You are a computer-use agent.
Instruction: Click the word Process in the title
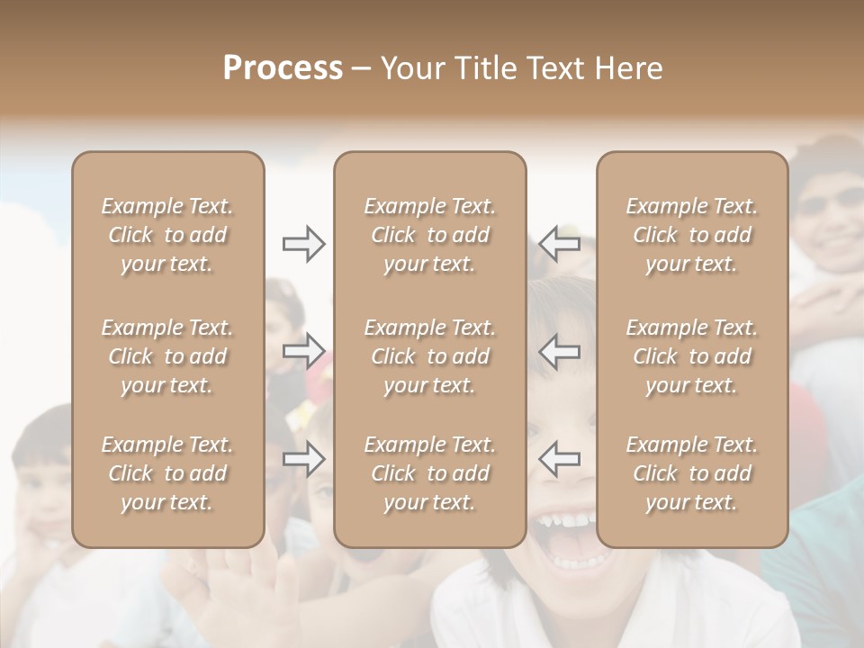pos(283,68)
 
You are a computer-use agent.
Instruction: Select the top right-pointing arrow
pos(304,244)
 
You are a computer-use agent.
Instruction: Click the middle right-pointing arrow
pos(304,350)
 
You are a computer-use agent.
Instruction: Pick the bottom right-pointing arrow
pos(304,459)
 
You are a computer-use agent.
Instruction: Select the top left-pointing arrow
pos(560,244)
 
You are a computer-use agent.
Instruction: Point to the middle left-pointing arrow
pos(560,350)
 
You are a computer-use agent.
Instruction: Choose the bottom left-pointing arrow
pos(560,459)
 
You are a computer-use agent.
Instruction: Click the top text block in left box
pos(167,235)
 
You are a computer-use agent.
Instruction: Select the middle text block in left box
pos(167,356)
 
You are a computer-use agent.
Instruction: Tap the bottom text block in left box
pos(167,473)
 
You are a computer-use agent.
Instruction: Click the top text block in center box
pos(429,235)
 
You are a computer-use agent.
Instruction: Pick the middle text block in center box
pos(429,356)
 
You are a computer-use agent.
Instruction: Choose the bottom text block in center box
pos(429,473)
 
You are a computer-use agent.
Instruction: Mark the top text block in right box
pos(691,235)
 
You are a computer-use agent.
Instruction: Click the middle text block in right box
pos(691,356)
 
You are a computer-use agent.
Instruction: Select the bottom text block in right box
pos(691,473)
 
